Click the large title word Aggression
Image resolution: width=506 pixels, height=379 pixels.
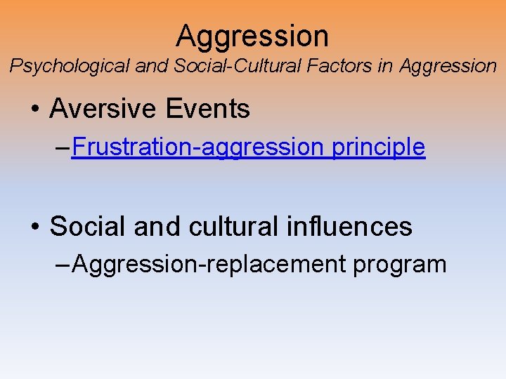[x=252, y=36]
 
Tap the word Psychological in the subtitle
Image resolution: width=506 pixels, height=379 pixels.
[x=68, y=67]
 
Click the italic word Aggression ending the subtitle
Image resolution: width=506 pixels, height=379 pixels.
[x=448, y=67]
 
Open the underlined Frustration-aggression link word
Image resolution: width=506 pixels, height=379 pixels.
[x=196, y=147]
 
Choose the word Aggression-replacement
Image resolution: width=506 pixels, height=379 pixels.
[x=209, y=265]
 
